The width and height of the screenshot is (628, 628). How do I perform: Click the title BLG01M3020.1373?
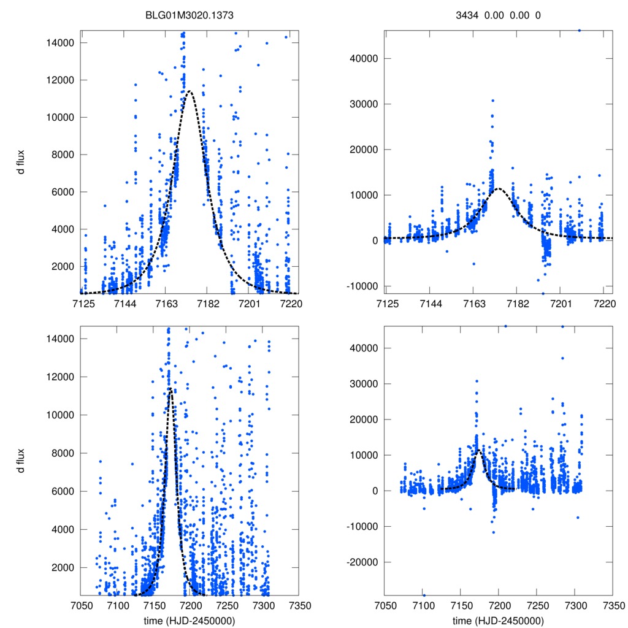[190, 15]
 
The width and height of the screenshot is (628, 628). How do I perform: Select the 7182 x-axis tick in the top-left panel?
[207, 304]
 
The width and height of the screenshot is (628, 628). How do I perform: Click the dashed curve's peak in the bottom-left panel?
[170, 388]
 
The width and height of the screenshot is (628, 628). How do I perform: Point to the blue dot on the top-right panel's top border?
[580, 30]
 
